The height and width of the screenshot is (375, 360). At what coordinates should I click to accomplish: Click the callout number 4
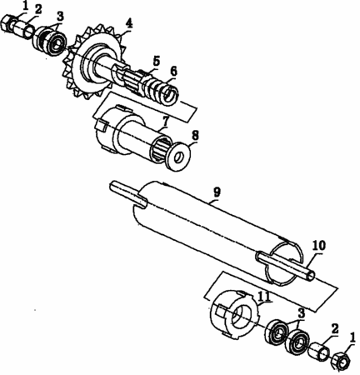pyautogui.click(x=128, y=24)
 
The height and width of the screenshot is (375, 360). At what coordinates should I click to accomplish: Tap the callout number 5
pyautogui.click(x=157, y=62)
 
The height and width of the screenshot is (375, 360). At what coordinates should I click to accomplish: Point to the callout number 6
pyautogui.click(x=173, y=72)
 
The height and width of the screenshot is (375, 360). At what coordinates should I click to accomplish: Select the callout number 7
pyautogui.click(x=166, y=121)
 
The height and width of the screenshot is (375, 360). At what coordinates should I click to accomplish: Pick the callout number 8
pyautogui.click(x=195, y=136)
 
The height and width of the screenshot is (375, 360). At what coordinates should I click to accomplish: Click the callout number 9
pyautogui.click(x=217, y=192)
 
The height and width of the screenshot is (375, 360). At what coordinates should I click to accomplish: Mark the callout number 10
pyautogui.click(x=319, y=246)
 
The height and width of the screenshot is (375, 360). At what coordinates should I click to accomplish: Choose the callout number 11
pyautogui.click(x=263, y=297)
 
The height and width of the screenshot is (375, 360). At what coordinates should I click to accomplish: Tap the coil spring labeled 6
pyautogui.click(x=162, y=89)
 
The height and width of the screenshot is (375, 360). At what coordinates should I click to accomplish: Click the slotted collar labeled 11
pyautogui.click(x=236, y=313)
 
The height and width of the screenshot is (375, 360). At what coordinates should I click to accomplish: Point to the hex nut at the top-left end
pyautogui.click(x=7, y=24)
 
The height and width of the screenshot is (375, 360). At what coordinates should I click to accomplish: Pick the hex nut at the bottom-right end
pyautogui.click(x=342, y=361)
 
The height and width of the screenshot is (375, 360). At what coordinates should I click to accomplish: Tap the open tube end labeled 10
pyautogui.click(x=311, y=276)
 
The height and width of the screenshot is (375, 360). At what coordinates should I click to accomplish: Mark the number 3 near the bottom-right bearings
pyautogui.click(x=302, y=314)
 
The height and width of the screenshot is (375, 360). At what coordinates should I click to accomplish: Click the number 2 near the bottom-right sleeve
pyautogui.click(x=335, y=330)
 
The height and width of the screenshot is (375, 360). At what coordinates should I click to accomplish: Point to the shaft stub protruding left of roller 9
pyautogui.click(x=127, y=194)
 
